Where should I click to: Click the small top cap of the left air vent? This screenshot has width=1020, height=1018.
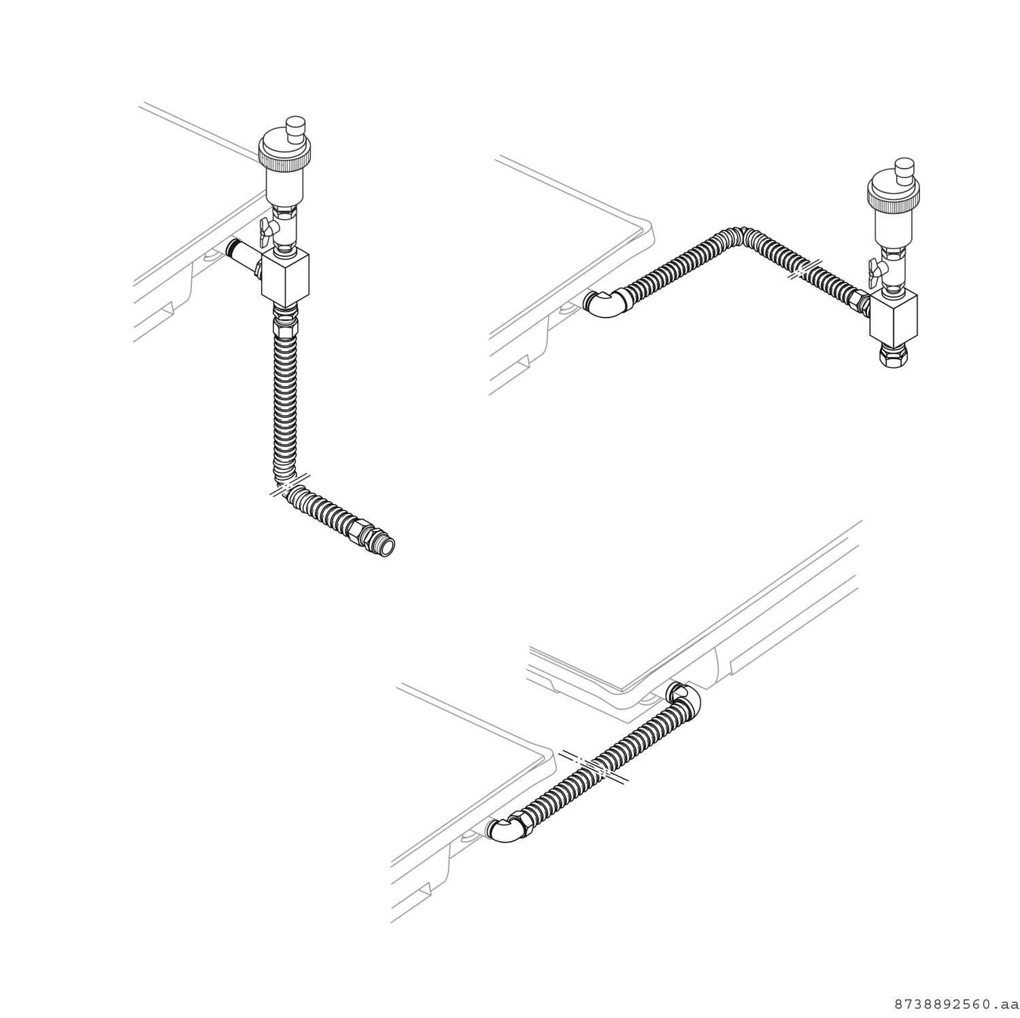(295, 127)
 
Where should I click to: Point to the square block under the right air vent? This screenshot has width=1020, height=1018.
(894, 318)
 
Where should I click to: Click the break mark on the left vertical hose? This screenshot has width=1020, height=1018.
(290, 484)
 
